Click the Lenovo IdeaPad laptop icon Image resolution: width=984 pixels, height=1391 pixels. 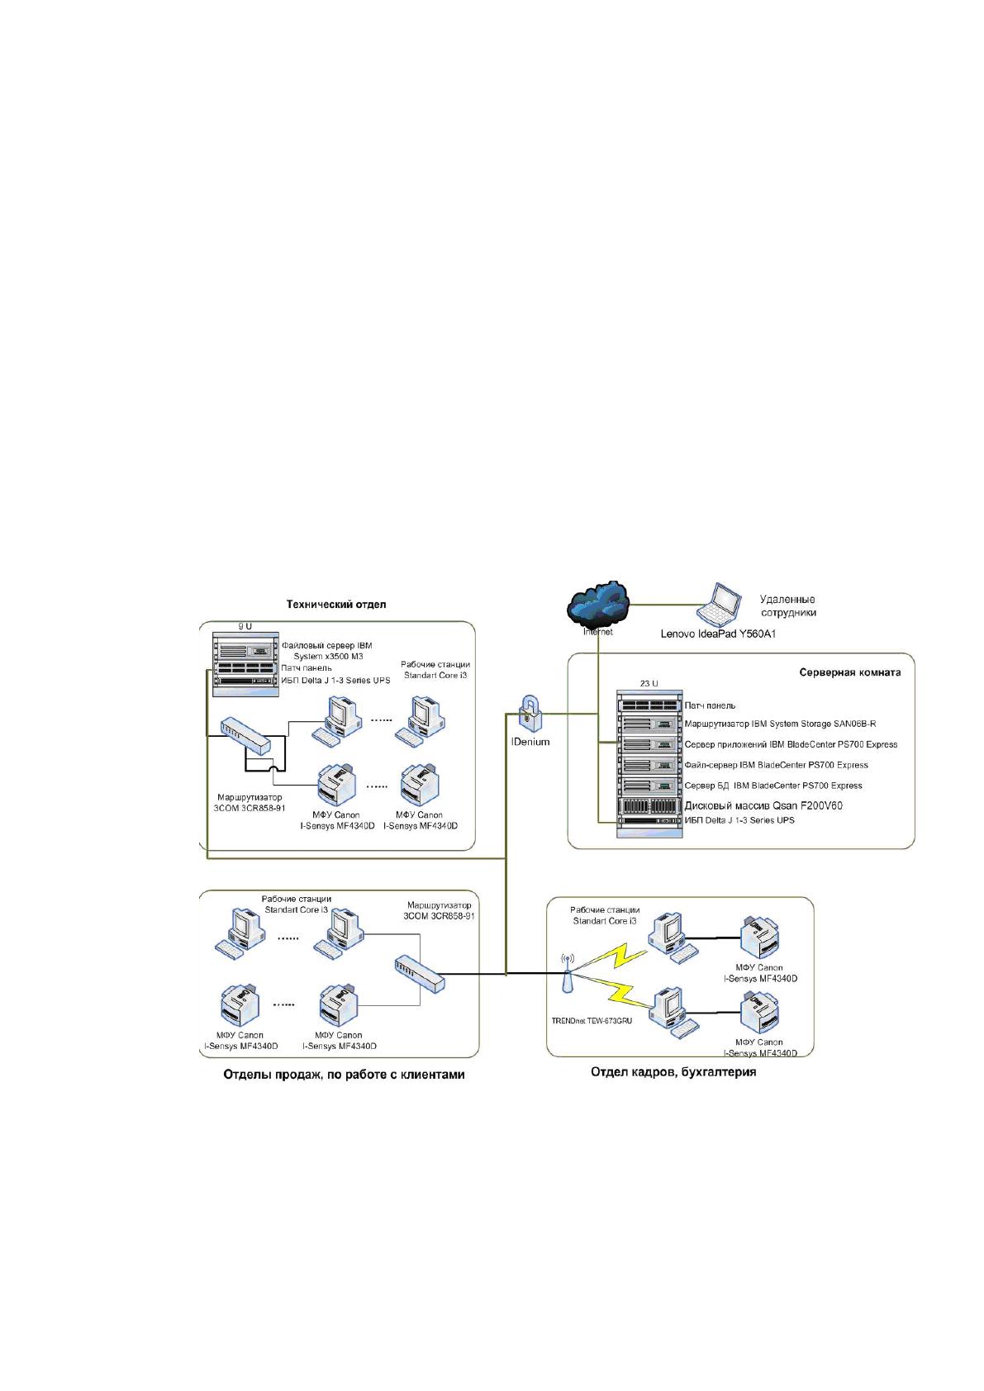[719, 605]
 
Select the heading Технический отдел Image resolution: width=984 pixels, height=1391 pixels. [336, 604]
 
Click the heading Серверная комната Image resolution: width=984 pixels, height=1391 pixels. [850, 672]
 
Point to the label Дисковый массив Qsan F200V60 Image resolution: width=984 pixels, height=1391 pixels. [763, 805]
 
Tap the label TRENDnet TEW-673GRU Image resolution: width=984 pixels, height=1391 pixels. [592, 1020]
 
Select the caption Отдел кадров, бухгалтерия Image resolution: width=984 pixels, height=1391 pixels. [673, 1071]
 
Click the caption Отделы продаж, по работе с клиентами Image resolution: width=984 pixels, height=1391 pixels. [344, 1075]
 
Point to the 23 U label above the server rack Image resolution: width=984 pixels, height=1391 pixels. [649, 683]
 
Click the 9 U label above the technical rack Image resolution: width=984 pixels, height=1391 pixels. [245, 627]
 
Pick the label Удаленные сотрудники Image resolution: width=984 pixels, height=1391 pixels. [787, 606]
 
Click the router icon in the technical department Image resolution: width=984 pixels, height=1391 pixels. [246, 737]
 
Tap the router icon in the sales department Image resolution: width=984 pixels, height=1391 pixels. [420, 973]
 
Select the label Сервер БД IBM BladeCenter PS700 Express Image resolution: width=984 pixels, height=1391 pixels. [773, 786]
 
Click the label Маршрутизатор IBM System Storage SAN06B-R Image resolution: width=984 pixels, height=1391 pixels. [780, 724]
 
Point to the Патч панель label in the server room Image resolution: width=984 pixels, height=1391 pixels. [710, 705]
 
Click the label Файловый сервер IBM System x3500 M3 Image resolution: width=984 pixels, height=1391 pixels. [327, 651]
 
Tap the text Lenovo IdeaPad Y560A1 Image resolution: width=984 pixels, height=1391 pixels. [718, 634]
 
